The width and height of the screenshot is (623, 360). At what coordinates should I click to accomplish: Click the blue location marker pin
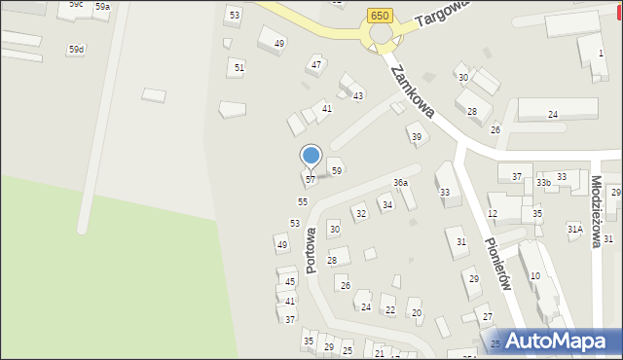[311, 156]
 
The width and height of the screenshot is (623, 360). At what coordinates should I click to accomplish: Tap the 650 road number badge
[380, 15]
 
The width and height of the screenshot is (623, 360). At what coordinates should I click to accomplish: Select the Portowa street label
[311, 250]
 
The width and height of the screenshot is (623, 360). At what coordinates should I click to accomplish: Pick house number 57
[310, 180]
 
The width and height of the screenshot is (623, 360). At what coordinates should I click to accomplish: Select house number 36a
[399, 183]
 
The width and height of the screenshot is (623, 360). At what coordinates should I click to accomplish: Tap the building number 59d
[76, 49]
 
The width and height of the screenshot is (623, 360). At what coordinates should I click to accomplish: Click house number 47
[315, 64]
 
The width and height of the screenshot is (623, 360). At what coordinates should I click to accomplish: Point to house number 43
[358, 95]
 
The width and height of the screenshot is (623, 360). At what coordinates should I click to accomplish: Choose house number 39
[417, 136]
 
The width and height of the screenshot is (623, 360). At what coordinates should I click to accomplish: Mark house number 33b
[543, 182]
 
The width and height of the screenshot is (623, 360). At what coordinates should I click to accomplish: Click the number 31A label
[574, 229]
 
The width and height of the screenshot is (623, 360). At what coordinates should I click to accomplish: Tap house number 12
[493, 213]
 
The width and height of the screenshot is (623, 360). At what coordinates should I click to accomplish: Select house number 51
[238, 66]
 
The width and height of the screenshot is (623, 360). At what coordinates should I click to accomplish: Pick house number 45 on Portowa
[290, 281]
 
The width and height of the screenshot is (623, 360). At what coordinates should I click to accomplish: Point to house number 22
[390, 310]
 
